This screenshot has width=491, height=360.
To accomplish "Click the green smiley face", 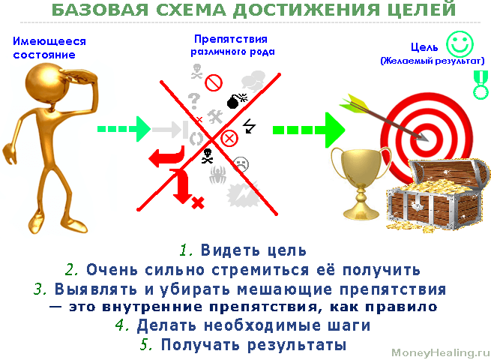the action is click(460, 43).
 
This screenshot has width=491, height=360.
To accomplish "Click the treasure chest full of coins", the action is click(438, 195).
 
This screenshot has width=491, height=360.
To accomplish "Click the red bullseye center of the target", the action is click(427, 137).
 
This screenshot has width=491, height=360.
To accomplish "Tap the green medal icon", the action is click(481, 85).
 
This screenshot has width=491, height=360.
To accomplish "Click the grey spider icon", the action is click(218, 175).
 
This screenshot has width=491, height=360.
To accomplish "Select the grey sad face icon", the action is click(241, 164).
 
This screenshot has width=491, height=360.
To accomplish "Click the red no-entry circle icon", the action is click(214, 82).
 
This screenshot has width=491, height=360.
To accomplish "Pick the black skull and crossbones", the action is click(208, 156).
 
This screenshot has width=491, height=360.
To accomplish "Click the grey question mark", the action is click(194, 101).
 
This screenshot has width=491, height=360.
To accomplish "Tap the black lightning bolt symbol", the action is click(250, 126).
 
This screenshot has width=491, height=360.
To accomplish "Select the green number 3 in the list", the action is click(40, 289).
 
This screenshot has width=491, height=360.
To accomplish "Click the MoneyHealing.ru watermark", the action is click(441, 352).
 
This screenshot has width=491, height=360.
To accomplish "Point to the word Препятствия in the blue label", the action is click(231, 39).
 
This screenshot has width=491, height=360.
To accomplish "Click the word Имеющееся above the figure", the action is click(49, 41).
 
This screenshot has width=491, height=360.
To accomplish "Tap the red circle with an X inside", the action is click(229, 138).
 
